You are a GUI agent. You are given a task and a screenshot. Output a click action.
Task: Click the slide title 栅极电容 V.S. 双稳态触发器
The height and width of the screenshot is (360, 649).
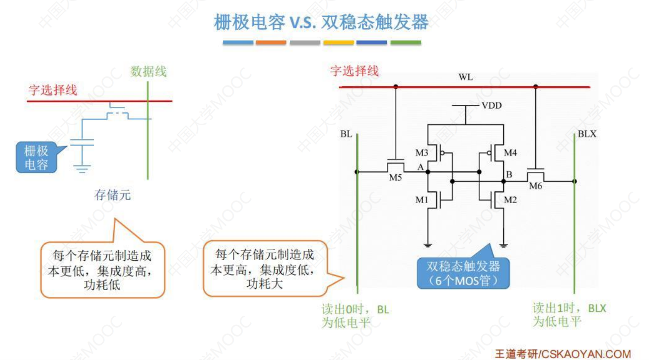click(321, 22)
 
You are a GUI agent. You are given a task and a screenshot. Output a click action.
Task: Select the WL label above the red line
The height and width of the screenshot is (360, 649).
click(466, 78)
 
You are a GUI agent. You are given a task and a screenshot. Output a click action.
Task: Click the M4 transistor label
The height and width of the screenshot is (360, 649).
click(510, 152)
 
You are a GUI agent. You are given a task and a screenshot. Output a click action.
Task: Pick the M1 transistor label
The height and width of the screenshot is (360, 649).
click(422, 200)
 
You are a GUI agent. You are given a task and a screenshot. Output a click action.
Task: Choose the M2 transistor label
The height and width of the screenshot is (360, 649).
click(510, 200)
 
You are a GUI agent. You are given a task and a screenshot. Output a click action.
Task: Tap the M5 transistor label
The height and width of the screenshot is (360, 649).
click(395, 178)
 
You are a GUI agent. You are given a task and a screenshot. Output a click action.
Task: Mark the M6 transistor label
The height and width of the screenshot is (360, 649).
click(535, 186)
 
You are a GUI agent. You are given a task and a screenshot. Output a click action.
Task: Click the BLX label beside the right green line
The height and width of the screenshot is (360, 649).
click(587, 134)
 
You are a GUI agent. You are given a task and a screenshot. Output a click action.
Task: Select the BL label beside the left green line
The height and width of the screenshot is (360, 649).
click(346, 134)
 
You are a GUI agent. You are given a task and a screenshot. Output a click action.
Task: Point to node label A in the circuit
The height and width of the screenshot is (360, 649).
click(420, 167)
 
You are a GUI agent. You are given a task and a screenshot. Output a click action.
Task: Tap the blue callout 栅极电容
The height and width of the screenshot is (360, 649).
click(36, 157)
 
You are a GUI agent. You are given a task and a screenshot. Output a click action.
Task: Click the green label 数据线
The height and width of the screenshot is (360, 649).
click(148, 72)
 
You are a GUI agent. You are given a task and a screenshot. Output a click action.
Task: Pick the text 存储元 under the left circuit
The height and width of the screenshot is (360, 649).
click(113, 195)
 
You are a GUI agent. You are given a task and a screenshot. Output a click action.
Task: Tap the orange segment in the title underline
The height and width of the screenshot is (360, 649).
click(271, 43)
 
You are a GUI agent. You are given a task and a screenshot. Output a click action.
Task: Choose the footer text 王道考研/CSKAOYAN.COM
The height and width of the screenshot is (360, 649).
click(563, 354)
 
